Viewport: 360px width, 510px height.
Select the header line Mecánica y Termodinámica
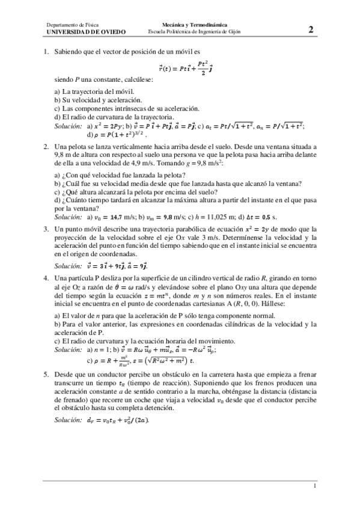point(187,25)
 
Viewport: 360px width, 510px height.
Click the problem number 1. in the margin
point(46,53)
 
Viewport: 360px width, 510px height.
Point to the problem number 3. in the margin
point(46,229)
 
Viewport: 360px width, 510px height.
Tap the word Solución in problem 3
point(67,265)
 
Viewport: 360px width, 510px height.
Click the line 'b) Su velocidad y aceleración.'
point(98,100)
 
